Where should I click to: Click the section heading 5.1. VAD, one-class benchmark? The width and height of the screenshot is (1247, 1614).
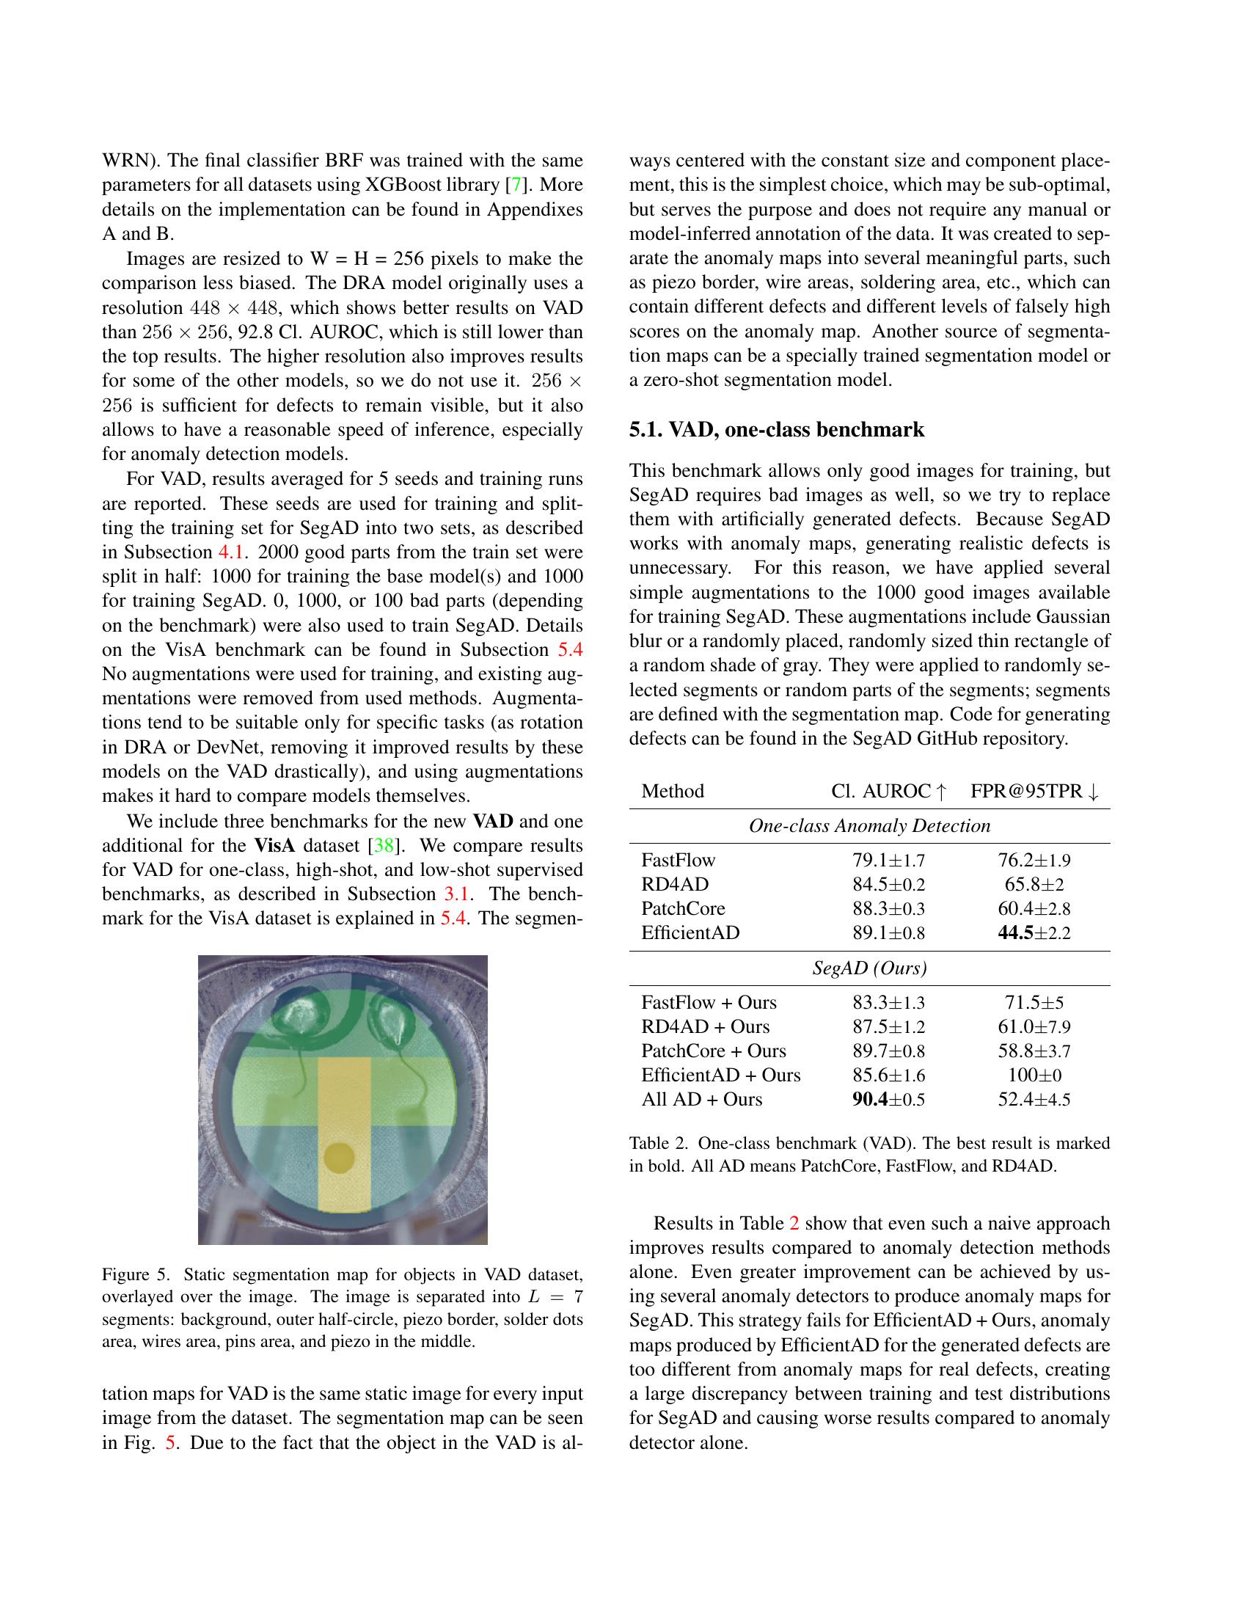point(776,430)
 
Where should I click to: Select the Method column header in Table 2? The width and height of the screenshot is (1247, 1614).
point(672,791)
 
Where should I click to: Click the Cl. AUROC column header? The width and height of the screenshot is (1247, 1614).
point(888,791)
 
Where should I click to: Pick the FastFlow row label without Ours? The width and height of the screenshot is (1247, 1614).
point(679,860)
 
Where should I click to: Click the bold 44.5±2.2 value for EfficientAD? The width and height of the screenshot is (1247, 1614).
point(1034,932)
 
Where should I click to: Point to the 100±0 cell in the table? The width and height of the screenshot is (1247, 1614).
point(1034,1075)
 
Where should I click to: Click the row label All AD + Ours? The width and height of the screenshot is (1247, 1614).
point(702,1099)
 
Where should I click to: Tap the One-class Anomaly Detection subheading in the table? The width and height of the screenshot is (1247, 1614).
point(869,825)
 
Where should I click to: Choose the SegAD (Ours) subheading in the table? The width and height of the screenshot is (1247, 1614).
point(869,968)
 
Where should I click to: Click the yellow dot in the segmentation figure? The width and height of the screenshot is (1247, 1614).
point(339,1156)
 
